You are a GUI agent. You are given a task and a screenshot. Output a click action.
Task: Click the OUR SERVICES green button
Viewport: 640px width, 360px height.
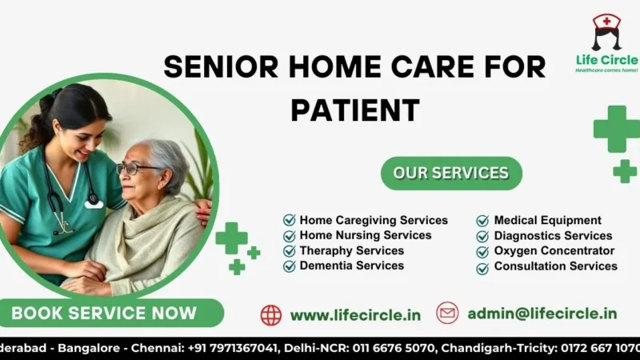(451, 173)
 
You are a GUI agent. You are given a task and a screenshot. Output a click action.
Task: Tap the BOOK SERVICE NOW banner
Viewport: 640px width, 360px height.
(104, 313)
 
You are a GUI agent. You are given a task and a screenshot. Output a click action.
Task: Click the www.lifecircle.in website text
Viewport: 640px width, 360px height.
(355, 314)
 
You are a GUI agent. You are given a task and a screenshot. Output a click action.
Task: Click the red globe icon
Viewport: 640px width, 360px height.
(271, 314)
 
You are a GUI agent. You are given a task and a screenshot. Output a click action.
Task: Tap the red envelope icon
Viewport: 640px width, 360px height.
(447, 313)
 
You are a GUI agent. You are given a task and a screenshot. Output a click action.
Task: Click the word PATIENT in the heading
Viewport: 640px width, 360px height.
(355, 110)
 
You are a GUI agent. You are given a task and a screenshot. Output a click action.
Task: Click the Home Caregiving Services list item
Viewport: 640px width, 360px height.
(374, 220)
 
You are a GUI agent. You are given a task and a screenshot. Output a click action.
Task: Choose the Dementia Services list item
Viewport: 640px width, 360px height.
(351, 266)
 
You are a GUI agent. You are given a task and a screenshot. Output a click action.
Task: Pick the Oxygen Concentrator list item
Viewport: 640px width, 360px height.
(554, 250)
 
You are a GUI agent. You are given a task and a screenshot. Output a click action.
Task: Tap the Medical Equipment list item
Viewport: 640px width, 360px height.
(547, 220)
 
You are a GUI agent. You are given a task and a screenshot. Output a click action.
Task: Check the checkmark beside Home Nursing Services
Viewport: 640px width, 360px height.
(289, 236)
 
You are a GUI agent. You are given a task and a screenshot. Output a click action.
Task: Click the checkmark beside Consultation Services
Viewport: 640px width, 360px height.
(482, 267)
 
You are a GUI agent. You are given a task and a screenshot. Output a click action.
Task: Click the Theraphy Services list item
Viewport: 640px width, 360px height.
(351, 250)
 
